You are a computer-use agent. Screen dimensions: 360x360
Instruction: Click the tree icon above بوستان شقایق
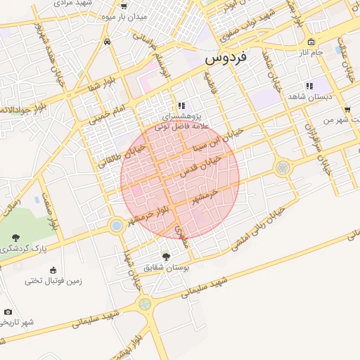pyautogui.click(x=166, y=257)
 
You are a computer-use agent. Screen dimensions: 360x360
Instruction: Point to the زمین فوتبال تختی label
pyautogui.click(x=54, y=281)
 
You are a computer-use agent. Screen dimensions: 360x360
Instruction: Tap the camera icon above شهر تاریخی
pyautogui.click(x=8, y=311)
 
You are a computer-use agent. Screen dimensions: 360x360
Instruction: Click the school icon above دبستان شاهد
pyautogui.click(x=309, y=86)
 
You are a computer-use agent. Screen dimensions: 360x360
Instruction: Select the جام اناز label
pyautogui.click(x=310, y=53)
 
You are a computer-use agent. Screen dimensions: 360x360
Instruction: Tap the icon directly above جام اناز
pyautogui.click(x=311, y=42)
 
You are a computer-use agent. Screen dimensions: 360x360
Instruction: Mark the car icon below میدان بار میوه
pyautogui.click(x=106, y=41)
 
